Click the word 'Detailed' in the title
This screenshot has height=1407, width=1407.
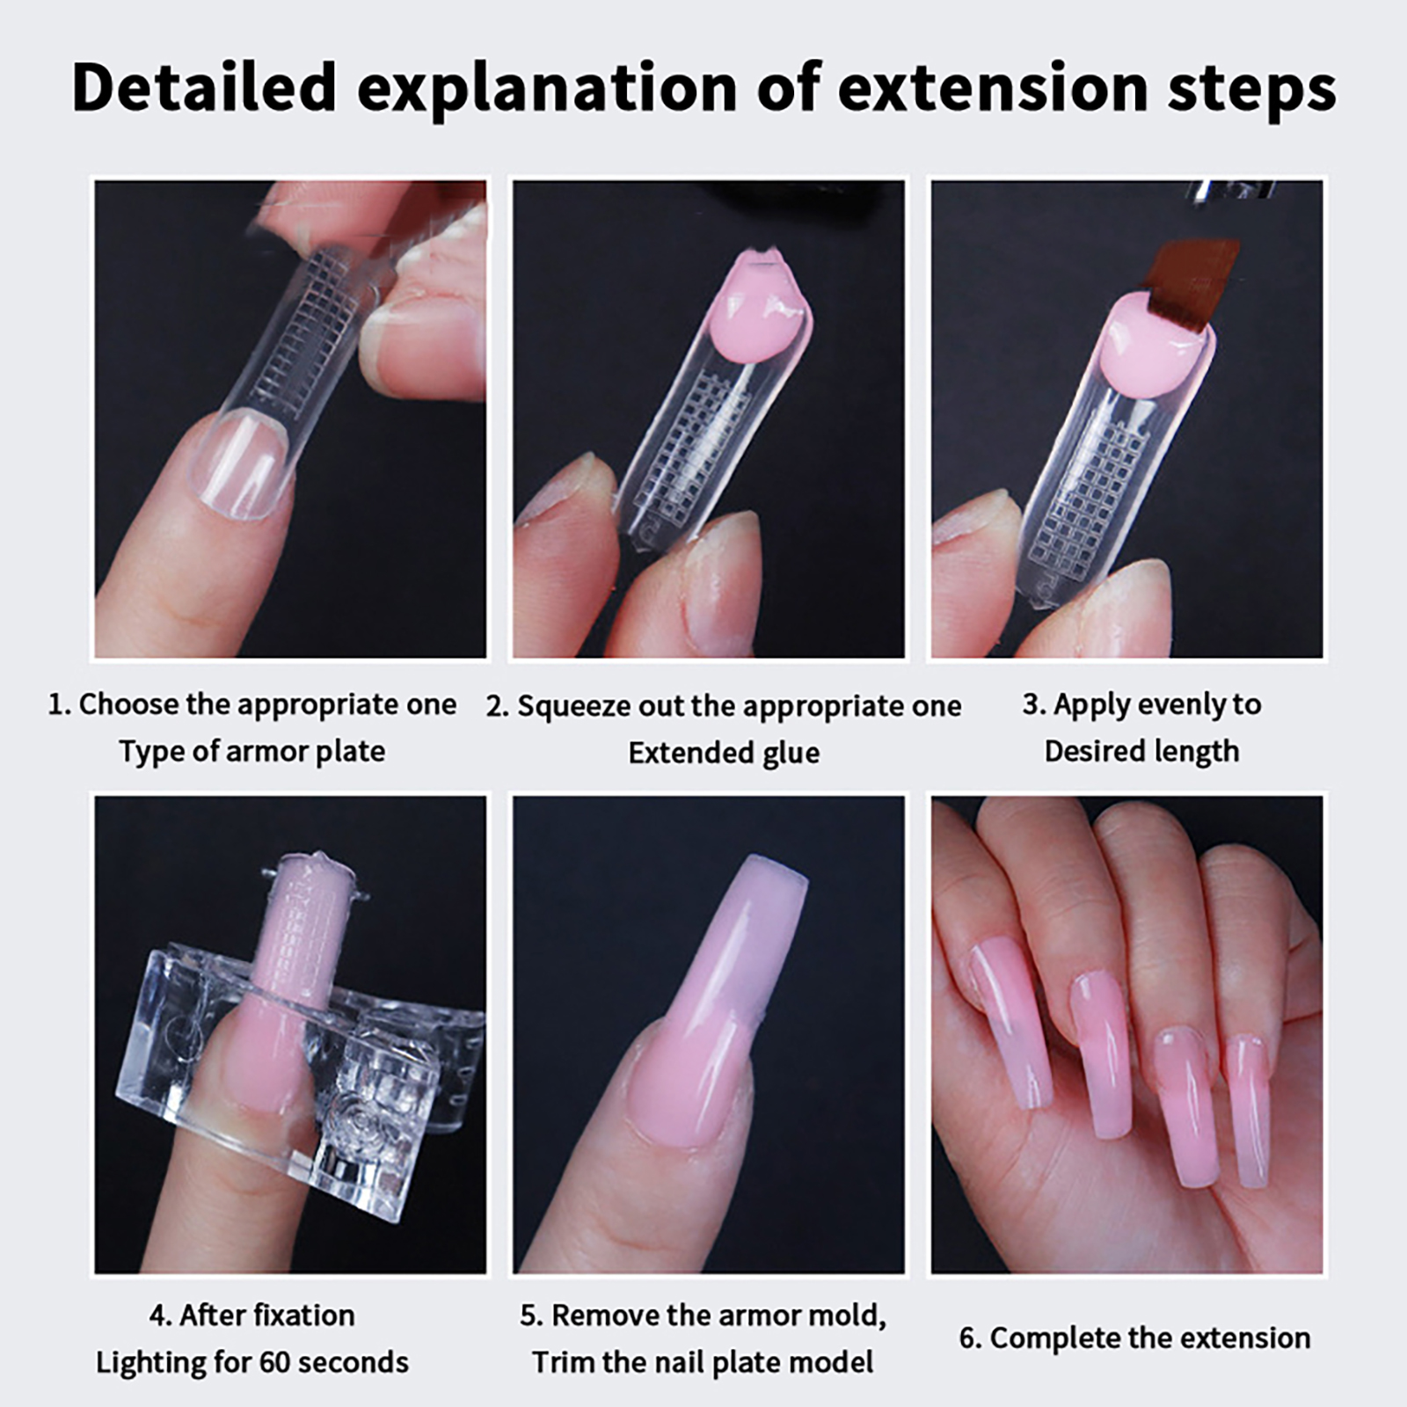coord(205,87)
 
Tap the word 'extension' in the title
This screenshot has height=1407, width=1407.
coord(995,88)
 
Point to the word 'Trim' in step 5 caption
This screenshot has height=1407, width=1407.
coord(560,1362)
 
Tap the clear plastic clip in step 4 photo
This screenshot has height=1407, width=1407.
coord(290,1082)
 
